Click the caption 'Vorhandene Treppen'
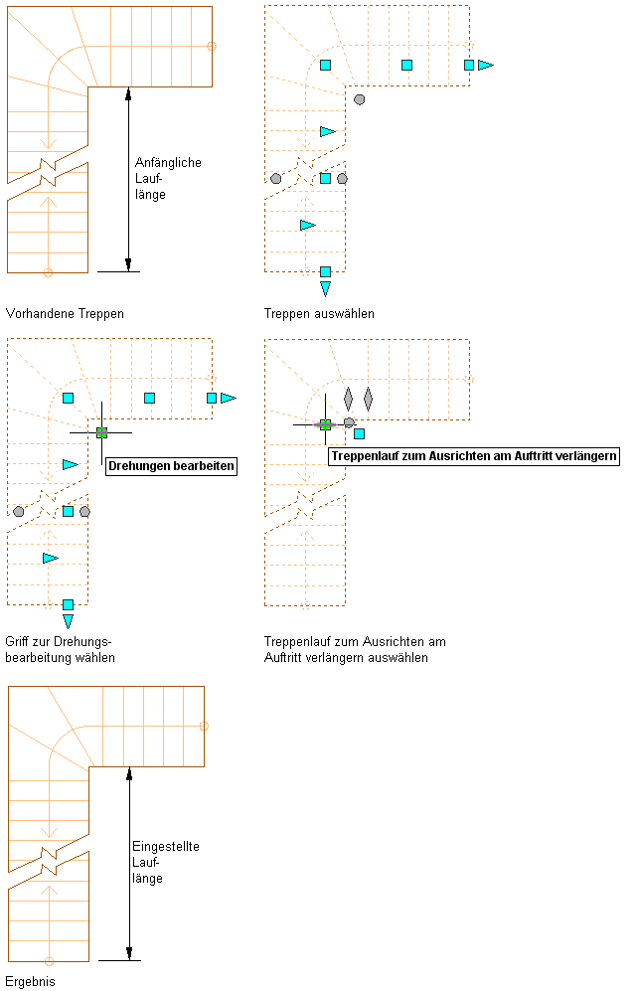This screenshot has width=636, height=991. pyautogui.click(x=65, y=313)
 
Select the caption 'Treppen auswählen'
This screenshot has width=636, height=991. pyautogui.click(x=319, y=313)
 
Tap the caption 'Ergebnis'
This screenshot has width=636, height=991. pyautogui.click(x=31, y=981)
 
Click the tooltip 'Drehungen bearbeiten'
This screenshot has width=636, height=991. pyautogui.click(x=171, y=465)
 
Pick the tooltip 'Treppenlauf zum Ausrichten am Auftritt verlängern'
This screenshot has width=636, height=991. pyautogui.click(x=473, y=456)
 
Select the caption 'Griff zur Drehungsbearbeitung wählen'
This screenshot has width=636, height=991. pyautogui.click(x=60, y=650)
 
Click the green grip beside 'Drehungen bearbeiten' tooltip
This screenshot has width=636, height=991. pyautogui.click(x=101, y=432)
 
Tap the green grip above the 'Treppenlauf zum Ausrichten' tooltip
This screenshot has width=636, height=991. pyautogui.click(x=325, y=424)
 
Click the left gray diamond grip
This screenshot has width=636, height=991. pyautogui.click(x=348, y=399)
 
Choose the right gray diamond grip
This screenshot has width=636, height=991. pyautogui.click(x=368, y=399)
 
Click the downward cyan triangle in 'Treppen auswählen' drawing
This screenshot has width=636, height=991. pyautogui.click(x=325, y=288)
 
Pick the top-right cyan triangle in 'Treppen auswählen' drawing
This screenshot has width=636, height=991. pyautogui.click(x=485, y=65)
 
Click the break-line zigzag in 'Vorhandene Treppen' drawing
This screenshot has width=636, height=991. pyautogui.click(x=48, y=173)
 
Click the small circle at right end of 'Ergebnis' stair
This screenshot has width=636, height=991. pyautogui.click(x=205, y=727)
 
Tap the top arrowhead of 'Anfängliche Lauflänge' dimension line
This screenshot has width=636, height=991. pyautogui.click(x=128, y=93)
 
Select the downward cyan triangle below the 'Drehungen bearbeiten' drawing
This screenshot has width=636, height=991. pyautogui.click(x=68, y=621)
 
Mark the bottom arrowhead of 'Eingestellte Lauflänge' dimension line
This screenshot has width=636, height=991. pyautogui.click(x=129, y=954)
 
